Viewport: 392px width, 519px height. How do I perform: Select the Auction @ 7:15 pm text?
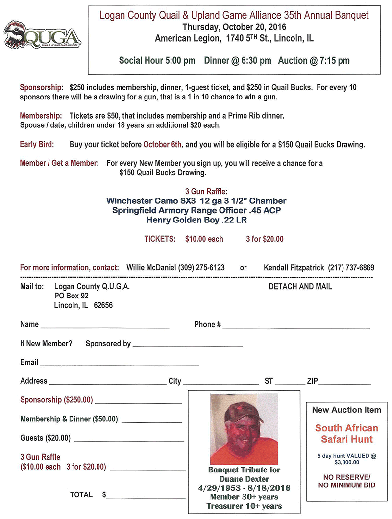[314, 61]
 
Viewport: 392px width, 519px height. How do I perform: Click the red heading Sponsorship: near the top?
[42, 87]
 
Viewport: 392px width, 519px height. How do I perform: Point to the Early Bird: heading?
[37, 145]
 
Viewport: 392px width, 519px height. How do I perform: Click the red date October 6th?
[163, 145]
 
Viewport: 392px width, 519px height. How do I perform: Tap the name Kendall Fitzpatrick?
[294, 268]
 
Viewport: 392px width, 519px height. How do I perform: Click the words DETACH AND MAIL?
[300, 286]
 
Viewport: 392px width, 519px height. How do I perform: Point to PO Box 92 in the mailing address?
[72, 296]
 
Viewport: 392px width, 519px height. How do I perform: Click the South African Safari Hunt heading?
[346, 433]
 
